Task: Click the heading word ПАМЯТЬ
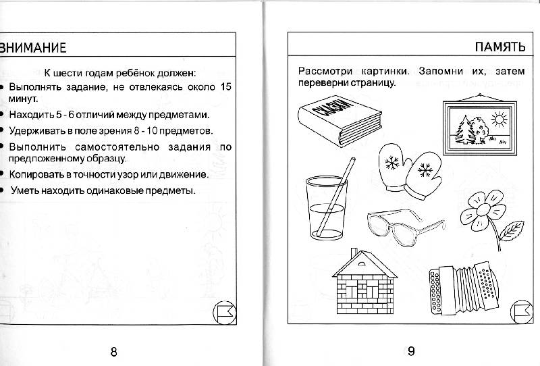click(x=500, y=47)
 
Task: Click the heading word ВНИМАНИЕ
click(x=32, y=48)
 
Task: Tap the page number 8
click(x=113, y=352)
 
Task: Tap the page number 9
click(x=411, y=351)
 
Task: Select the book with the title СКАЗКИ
click(x=340, y=120)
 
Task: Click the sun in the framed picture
click(x=499, y=120)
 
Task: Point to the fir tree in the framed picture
click(x=464, y=130)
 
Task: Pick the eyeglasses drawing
click(x=406, y=226)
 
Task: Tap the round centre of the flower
click(x=483, y=209)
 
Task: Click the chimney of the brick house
click(x=354, y=253)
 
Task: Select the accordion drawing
click(x=464, y=289)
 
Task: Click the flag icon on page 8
click(x=225, y=313)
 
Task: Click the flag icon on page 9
click(x=521, y=311)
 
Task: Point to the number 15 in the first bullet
click(x=225, y=86)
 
